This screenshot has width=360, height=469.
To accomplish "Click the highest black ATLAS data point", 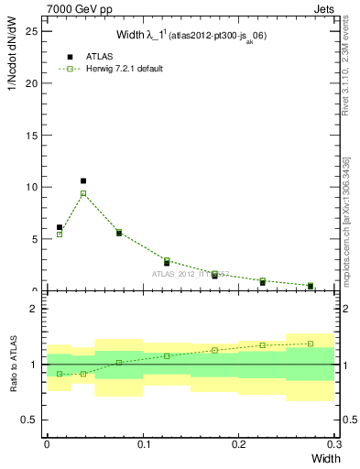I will (83, 181).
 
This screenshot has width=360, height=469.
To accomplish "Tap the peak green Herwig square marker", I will (83, 193).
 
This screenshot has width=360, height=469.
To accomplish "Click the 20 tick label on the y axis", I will (35, 83).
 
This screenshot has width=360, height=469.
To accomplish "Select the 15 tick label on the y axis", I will (35, 136).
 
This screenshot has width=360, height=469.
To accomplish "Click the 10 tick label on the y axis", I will (35, 188).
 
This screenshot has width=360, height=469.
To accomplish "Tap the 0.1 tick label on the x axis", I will (142, 443).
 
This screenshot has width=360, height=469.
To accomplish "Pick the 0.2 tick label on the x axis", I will (238, 443).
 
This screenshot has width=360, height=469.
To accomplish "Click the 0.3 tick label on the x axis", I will (333, 443).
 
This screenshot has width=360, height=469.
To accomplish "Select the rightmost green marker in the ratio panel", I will (311, 344).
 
